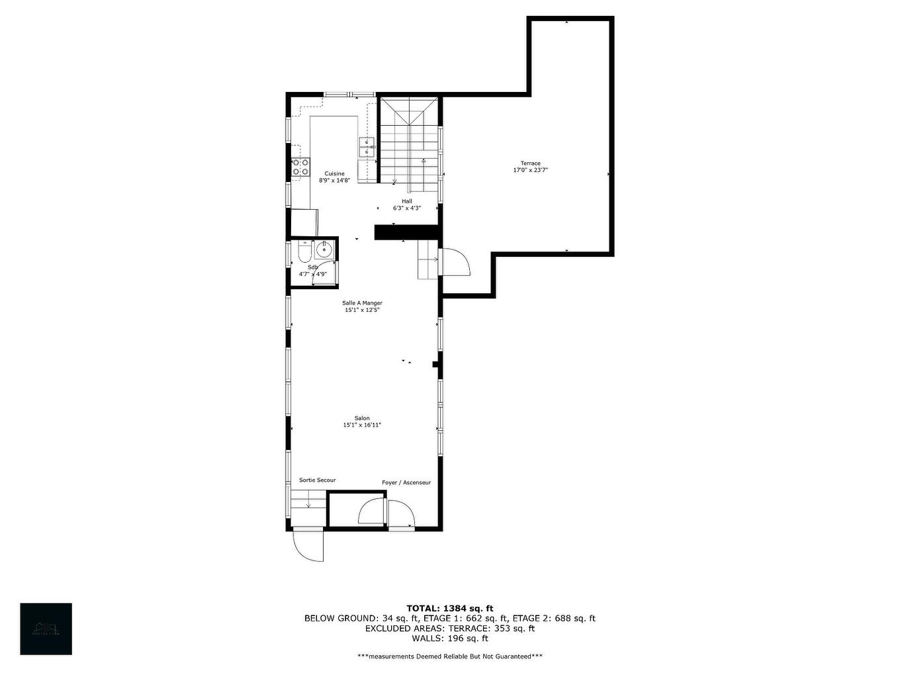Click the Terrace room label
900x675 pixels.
530,163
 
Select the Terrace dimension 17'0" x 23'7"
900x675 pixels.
530,171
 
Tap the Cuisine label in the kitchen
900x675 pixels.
334,173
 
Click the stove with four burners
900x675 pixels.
300,167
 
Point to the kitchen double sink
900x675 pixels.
367,147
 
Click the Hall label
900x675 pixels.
406,201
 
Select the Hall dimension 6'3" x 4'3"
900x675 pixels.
406,208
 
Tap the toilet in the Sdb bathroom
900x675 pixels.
304,253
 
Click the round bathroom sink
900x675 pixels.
324,249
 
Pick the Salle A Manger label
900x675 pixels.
362,303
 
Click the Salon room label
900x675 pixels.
362,418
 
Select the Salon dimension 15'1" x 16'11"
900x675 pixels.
362,426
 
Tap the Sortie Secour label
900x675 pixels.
317,480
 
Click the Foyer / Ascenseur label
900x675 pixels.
406,482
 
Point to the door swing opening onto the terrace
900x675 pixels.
455,262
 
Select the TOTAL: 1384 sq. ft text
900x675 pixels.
449,608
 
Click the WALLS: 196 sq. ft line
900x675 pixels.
449,639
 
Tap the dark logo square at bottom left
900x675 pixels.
46,629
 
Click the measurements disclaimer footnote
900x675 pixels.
449,656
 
